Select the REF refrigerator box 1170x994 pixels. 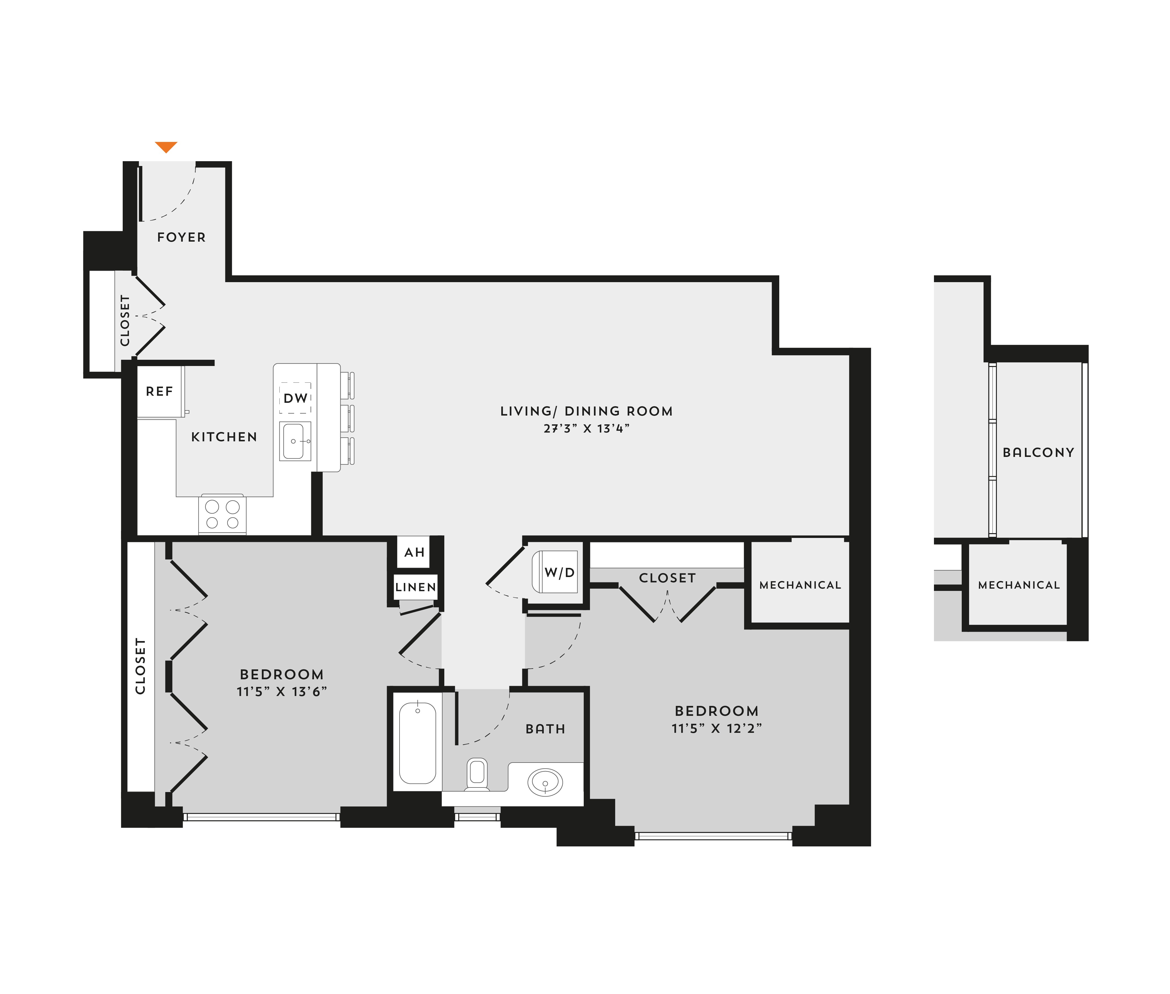(161, 392)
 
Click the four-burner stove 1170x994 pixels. (222, 514)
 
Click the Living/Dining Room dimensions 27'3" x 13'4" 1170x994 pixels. (586, 428)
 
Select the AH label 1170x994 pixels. (414, 552)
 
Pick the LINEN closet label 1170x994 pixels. (415, 587)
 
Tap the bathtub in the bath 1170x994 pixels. (418, 743)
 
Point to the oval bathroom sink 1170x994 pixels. (545, 783)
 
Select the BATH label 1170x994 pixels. (545, 729)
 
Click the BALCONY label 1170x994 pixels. (1038, 452)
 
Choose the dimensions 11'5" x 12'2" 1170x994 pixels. (716, 728)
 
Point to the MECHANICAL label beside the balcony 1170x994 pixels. (1019, 586)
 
